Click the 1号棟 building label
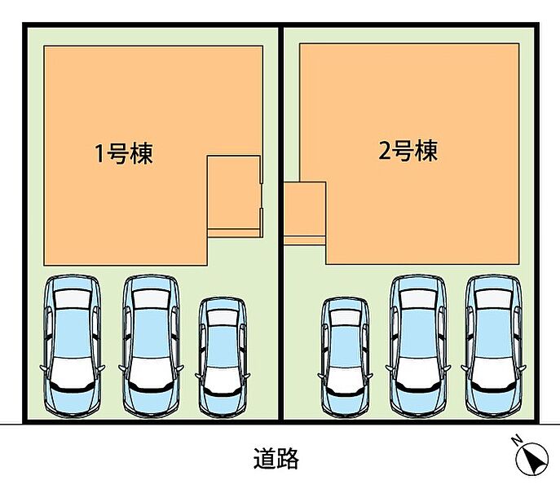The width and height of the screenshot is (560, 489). pyautogui.click(x=124, y=154)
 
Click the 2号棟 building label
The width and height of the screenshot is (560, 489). pyautogui.click(x=408, y=151)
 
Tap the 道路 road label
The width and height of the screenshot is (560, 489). pyautogui.click(x=276, y=458)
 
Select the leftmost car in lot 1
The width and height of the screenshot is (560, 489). pyautogui.click(x=73, y=346)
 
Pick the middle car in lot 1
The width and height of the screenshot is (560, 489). pyautogui.click(x=151, y=346)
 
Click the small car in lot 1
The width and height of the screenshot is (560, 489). pyautogui.click(x=223, y=356)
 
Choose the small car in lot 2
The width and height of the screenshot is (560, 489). pyautogui.click(x=346, y=357)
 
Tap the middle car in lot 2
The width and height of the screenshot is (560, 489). pyautogui.click(x=418, y=346)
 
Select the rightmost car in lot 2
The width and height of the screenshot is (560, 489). pyautogui.click(x=494, y=346)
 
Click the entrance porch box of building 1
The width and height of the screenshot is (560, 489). pyautogui.click(x=234, y=196)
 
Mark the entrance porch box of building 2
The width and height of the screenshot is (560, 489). pyautogui.click(x=305, y=214)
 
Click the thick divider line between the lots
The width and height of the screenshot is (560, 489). pyautogui.click(x=280, y=223)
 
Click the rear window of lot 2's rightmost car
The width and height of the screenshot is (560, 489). pyautogui.click(x=494, y=299)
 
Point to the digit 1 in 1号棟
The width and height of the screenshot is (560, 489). pyautogui.click(x=99, y=154)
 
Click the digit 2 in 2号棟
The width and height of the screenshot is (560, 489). pyautogui.click(x=384, y=151)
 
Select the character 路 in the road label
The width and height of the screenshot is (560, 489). pyautogui.click(x=288, y=458)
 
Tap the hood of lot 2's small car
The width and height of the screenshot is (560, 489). pyautogui.click(x=346, y=381)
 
